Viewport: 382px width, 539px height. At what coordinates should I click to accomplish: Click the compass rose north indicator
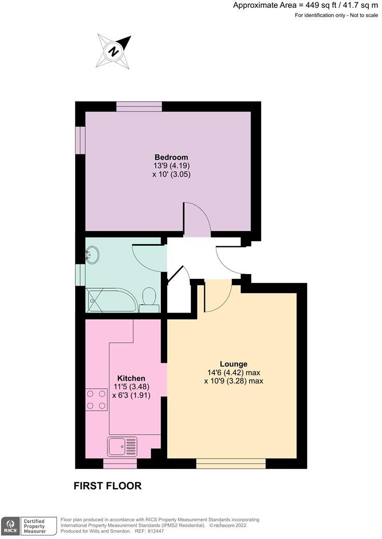tap(113, 50)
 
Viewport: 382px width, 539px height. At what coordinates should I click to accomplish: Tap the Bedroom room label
tap(171, 157)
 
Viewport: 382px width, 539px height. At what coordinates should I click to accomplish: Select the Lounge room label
tap(233, 364)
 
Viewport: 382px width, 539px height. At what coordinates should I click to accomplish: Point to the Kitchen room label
tap(131, 378)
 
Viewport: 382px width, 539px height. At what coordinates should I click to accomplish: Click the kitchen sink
tap(122, 445)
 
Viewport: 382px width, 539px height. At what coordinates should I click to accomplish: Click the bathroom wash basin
tap(93, 254)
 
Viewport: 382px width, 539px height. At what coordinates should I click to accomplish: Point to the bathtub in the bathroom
tap(111, 301)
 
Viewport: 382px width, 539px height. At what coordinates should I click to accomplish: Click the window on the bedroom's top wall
tap(139, 106)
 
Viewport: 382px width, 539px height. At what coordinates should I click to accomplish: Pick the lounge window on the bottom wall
tap(231, 463)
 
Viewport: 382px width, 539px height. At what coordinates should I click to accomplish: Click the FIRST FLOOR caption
tap(107, 486)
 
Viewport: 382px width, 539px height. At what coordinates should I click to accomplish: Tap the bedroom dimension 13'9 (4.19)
tap(171, 166)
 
